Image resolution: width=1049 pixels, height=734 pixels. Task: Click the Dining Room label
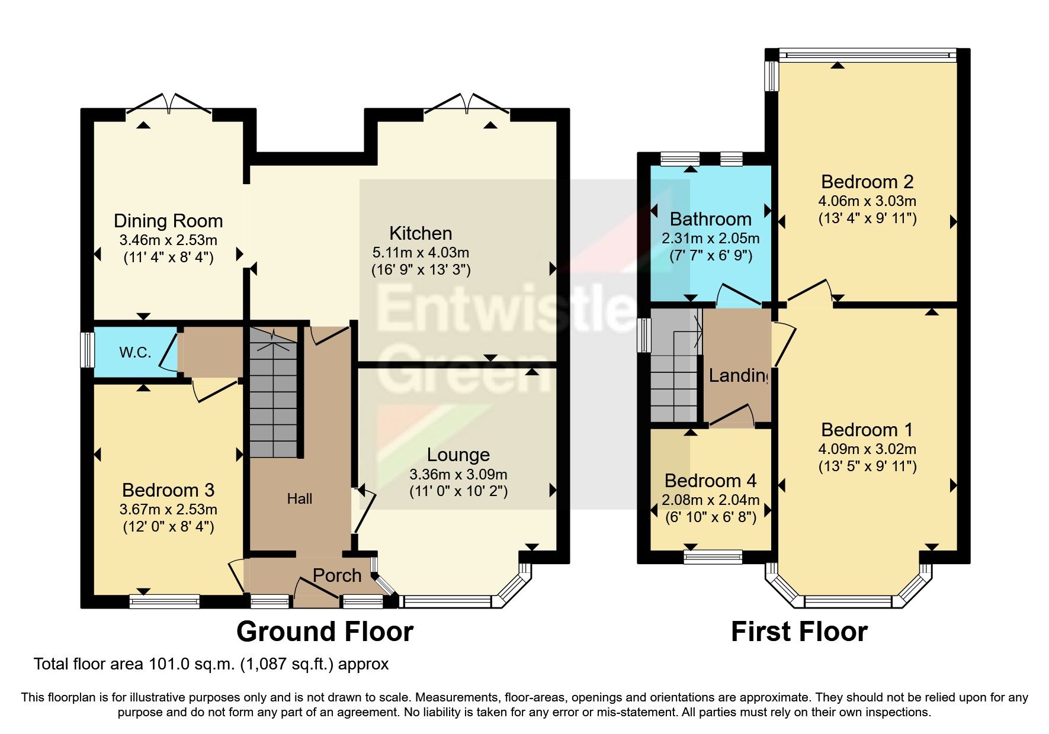click(x=168, y=221)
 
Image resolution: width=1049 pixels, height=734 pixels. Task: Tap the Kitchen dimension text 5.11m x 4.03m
click(x=421, y=252)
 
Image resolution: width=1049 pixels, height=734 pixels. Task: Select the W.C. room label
click(x=135, y=353)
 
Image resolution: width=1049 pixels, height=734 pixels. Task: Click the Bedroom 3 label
click(x=168, y=490)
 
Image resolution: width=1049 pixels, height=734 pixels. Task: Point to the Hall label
click(x=300, y=499)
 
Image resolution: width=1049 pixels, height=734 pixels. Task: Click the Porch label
click(x=336, y=575)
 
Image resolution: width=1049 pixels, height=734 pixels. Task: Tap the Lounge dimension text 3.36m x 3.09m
click(x=458, y=474)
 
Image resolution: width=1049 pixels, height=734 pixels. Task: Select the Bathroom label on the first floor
click(x=710, y=219)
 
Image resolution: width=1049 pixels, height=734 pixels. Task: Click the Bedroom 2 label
click(x=867, y=182)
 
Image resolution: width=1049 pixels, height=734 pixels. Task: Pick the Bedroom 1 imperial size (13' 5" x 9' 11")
click(x=867, y=466)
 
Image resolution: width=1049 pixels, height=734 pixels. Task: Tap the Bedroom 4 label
click(x=710, y=481)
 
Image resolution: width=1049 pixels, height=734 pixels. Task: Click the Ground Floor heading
click(x=325, y=632)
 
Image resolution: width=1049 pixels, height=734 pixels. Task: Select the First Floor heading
click(x=799, y=632)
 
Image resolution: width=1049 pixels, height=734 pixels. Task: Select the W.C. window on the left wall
click(x=88, y=350)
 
